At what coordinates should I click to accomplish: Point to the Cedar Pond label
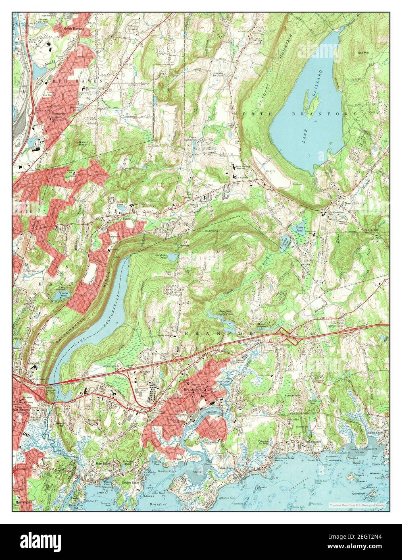pos(299,229)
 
